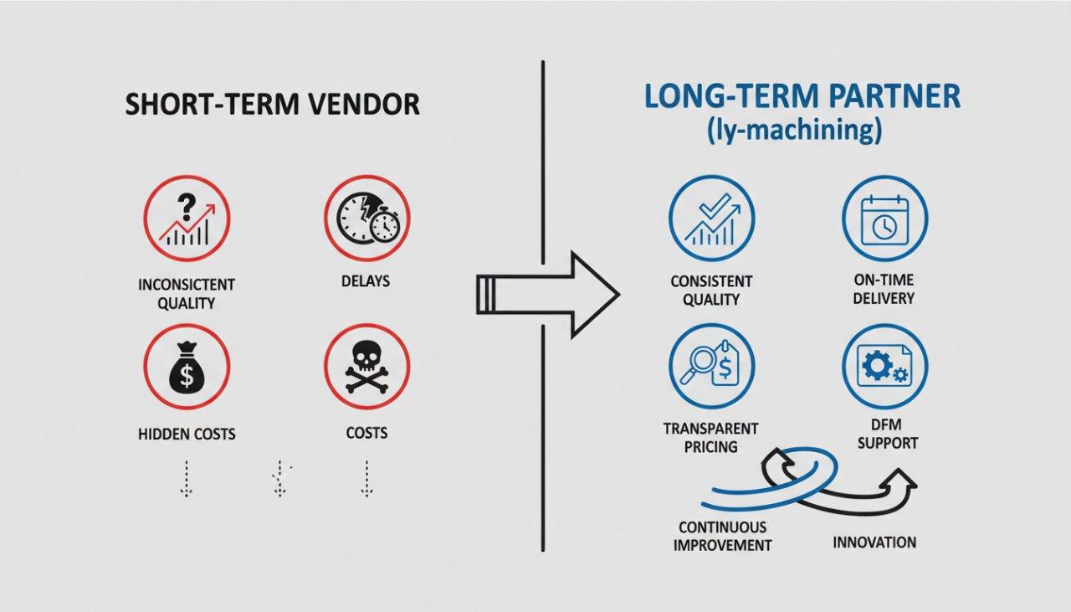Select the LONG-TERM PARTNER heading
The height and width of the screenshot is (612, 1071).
pos(802,96)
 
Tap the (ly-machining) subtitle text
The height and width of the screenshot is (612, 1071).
pos(802,131)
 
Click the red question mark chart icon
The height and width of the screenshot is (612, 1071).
pos(187,219)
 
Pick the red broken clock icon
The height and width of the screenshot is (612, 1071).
pos(366,219)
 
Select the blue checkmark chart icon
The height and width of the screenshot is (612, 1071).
pos(711,219)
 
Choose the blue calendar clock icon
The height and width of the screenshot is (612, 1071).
pos(884,219)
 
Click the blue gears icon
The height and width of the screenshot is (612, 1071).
pos(884,366)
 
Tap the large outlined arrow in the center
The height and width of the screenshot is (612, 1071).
pos(548,293)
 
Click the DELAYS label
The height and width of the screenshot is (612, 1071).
pos(366,281)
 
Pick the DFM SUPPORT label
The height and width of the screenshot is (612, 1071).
pos(888,433)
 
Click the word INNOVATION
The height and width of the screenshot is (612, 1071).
pos(874,543)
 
